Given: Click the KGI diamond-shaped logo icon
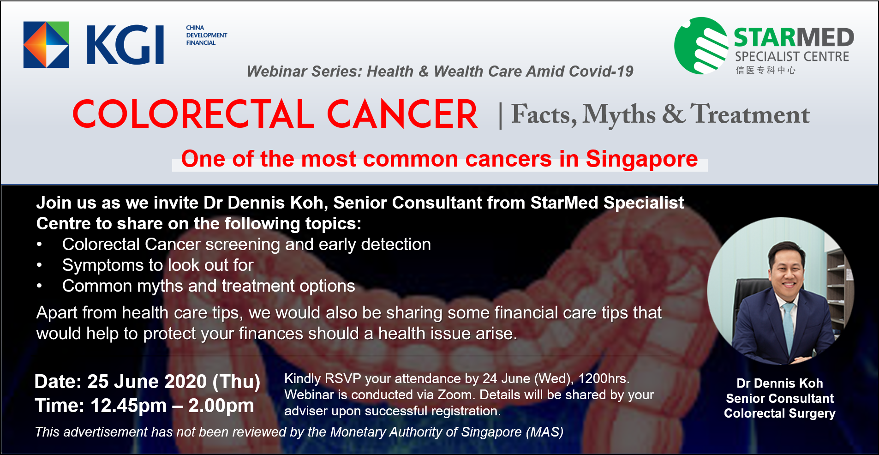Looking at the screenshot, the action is pyautogui.click(x=46, y=45).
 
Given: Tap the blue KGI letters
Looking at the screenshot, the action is pyautogui.click(x=125, y=45).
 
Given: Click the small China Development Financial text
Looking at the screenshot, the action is pyautogui.click(x=207, y=35).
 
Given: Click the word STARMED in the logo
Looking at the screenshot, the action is pyautogui.click(x=794, y=37).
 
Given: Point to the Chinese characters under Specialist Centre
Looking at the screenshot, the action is pyautogui.click(x=765, y=70).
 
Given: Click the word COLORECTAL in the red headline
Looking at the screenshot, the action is pyautogui.click(x=193, y=114).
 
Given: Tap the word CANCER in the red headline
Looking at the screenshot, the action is pyautogui.click(x=402, y=114).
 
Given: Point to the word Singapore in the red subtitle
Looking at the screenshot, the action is pyautogui.click(x=642, y=160).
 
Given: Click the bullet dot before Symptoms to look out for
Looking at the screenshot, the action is pyautogui.click(x=40, y=265).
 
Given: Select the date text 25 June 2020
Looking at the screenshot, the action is pyautogui.click(x=147, y=382).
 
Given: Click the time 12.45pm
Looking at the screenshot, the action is pyautogui.click(x=128, y=406).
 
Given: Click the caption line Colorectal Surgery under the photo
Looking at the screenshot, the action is pyautogui.click(x=780, y=413).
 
